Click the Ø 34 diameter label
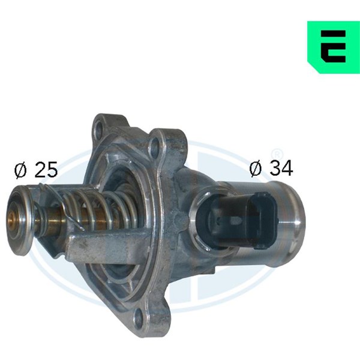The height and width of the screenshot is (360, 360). pyautogui.click(x=271, y=168)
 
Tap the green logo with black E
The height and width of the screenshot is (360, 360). pyautogui.click(x=334, y=47)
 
